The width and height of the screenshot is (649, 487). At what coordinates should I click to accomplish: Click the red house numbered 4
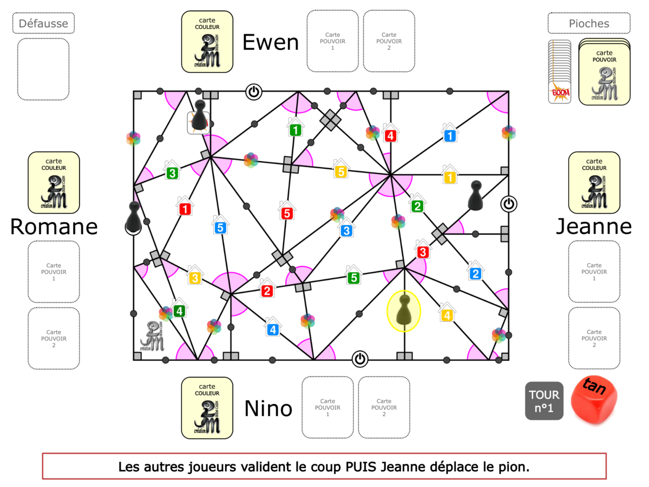coord(390,135)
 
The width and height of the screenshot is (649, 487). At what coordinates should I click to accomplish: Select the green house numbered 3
coord(172,173)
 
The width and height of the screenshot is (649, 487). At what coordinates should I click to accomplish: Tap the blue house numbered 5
coord(219,227)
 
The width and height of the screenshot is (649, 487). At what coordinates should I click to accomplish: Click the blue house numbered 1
coord(449,135)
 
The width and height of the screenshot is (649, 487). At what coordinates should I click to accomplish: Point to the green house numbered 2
coord(417,206)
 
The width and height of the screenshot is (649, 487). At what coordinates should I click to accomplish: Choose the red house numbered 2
coord(266,291)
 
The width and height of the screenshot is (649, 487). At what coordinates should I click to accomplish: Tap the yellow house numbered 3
coord(194,278)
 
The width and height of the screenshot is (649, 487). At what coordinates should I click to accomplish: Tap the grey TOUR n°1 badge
coord(544,401)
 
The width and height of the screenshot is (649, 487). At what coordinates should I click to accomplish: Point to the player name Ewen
coord(271,42)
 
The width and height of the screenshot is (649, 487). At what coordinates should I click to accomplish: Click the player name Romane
coord(54,227)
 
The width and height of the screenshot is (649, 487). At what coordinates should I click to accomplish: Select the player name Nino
coord(268,409)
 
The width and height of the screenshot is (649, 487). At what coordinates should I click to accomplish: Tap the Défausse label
coord(43,23)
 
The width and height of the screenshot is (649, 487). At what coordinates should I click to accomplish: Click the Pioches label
coord(589,23)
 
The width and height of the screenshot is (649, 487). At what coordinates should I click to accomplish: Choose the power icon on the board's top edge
coord(253,91)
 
